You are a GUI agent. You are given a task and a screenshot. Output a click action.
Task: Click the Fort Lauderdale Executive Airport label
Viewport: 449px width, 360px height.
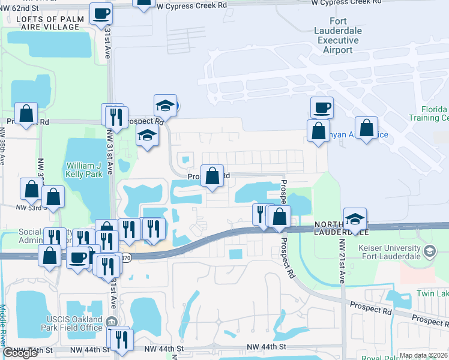[x=338, y=35]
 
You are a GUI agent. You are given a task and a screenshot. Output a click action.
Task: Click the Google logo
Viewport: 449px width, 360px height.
[x=20, y=353]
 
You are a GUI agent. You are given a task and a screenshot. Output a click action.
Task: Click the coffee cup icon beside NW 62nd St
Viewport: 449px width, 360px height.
[x=101, y=13]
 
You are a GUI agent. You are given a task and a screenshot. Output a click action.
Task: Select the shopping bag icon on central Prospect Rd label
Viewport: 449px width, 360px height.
[x=212, y=176]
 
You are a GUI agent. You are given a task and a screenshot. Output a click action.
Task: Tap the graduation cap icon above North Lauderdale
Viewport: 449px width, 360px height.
[x=355, y=218]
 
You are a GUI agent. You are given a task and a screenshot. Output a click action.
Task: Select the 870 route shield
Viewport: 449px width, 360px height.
[x=125, y=257]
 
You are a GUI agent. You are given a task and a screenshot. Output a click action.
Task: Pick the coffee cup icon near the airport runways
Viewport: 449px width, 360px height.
[x=322, y=107]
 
